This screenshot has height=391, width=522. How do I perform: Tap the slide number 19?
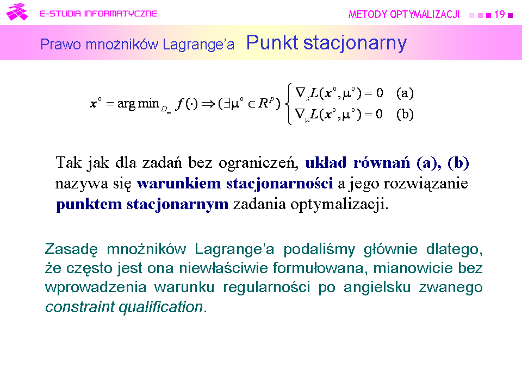point(499,14)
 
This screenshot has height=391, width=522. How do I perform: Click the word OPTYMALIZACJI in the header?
point(425,14)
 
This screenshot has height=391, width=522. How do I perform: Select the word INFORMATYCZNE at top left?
point(121,14)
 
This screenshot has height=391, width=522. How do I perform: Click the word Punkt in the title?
point(272,42)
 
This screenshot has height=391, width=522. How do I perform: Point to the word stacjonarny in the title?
point(355,43)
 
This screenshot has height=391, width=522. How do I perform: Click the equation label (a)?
point(405,93)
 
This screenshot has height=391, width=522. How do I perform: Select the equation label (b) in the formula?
point(405,114)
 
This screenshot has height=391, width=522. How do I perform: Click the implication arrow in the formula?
point(208,104)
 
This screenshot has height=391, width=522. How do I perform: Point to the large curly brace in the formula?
point(289,104)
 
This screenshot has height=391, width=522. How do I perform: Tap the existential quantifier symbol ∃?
point(227,104)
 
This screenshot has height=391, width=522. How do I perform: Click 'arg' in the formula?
point(126,104)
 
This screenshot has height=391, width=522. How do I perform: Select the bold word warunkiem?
point(179,184)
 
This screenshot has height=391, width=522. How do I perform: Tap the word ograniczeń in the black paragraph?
point(259,163)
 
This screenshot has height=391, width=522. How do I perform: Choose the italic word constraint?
point(80,306)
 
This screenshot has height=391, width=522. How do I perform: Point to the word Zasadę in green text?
point(71,249)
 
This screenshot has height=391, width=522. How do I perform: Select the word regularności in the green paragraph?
point(266,288)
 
